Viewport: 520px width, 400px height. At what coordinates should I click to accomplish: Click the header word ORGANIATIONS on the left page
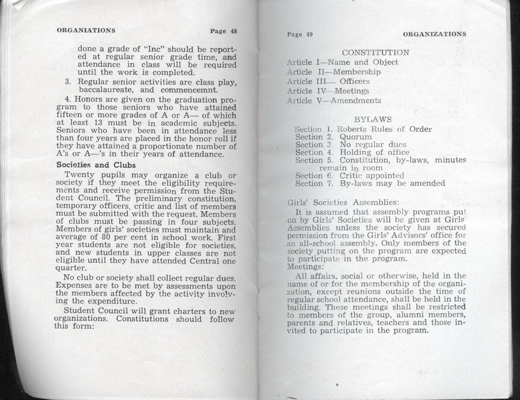point(86,31)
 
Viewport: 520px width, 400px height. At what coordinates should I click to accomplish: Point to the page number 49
point(299,35)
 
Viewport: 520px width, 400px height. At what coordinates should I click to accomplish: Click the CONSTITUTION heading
point(375,53)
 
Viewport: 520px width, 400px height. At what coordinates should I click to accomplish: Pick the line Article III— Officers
point(328,82)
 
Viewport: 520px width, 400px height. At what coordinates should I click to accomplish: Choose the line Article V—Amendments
point(333,101)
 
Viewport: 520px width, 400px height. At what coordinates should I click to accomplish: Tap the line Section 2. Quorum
point(333,137)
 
